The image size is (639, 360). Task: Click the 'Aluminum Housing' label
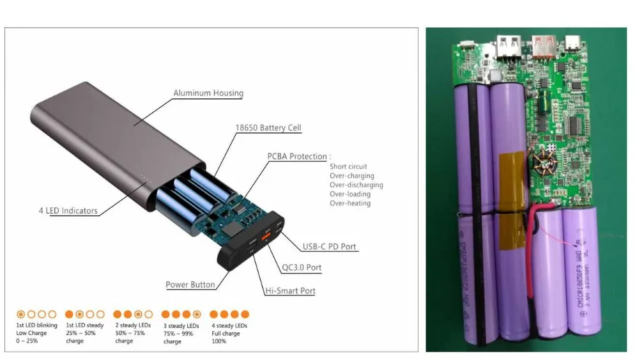click(x=208, y=93)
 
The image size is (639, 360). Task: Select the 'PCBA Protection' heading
click(x=297, y=157)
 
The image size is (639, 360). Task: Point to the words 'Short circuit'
click(x=348, y=167)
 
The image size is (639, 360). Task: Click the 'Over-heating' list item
click(x=350, y=203)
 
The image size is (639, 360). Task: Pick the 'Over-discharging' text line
click(x=357, y=185)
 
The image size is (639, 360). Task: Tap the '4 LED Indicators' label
click(x=67, y=210)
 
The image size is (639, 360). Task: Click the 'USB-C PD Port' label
click(x=329, y=247)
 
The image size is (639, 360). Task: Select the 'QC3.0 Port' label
click(x=302, y=268)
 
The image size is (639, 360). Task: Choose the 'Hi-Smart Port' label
click(x=290, y=291)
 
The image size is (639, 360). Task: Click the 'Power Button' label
click(x=190, y=285)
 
